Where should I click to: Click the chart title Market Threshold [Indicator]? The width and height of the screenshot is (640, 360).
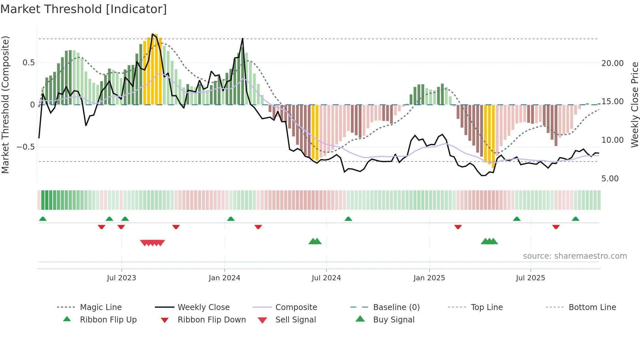coord(84,9)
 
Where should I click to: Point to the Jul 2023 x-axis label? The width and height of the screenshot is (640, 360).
coord(121,278)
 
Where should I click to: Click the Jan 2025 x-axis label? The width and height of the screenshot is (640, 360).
coord(429,278)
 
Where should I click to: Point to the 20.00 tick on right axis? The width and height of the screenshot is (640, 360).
coord(612,63)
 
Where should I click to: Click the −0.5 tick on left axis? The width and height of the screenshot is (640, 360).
coord(25,147)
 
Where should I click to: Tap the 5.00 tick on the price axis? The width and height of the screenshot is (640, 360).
coord(610,179)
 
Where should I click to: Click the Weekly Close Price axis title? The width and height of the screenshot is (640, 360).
coord(634,105)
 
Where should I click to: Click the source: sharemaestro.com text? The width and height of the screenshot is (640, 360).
coord(575,256)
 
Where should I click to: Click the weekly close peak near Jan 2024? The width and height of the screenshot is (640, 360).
coord(243,39)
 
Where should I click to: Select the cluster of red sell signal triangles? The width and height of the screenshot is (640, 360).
coord(152,243)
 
